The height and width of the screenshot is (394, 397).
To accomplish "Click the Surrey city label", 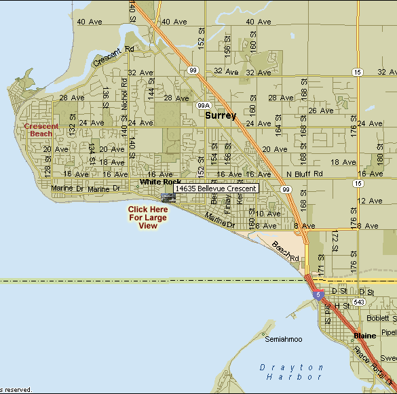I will click(x=221, y=116).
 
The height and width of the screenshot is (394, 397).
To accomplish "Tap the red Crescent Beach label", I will click(x=41, y=130).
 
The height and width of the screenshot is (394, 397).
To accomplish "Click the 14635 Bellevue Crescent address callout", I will click(x=216, y=189).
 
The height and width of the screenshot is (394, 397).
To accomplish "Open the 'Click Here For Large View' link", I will click(x=147, y=218).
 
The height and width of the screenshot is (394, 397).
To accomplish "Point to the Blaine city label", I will click(x=364, y=336).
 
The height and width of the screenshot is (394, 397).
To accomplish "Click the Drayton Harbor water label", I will click(x=291, y=372).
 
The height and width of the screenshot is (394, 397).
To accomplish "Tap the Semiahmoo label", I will click(x=283, y=338).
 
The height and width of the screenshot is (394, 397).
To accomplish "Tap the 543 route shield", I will click(x=359, y=300).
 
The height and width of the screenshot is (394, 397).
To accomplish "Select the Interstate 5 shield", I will click(x=318, y=295).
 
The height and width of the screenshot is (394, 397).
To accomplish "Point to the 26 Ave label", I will click(x=322, y=111).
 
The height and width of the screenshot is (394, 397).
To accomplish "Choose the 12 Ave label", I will click(x=371, y=201).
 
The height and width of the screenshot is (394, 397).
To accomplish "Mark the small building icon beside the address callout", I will click(x=168, y=197).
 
